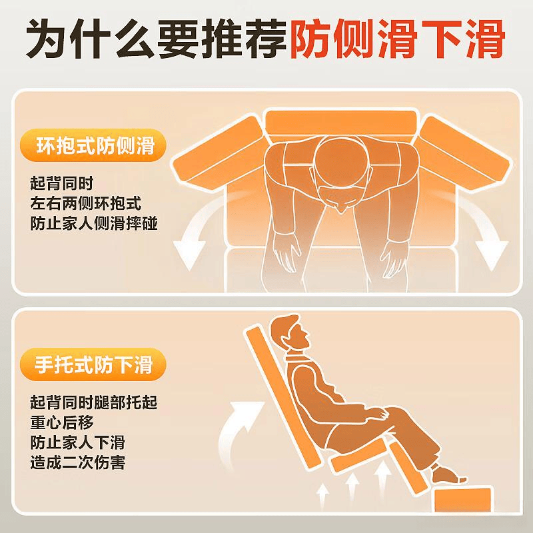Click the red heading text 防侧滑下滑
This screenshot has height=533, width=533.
397,39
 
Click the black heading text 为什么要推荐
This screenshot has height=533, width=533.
157,39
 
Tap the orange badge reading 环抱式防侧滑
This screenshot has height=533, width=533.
93,145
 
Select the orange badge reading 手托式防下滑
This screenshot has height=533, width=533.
93,364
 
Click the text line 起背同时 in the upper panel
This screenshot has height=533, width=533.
61,184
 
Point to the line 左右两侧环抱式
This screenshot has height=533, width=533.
85,204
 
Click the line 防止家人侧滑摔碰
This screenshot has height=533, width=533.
94,224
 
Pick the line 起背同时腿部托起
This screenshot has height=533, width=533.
94,402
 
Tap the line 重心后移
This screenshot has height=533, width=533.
61,422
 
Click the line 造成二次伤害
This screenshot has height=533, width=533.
78,462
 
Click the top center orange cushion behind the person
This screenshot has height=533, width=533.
341,123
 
